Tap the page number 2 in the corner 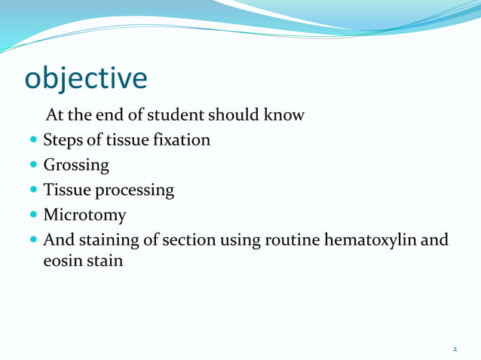455,349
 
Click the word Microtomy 84,216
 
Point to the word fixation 179,140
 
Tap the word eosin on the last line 62,265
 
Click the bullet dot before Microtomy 32,217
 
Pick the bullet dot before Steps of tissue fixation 32,141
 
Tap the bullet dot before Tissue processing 32,191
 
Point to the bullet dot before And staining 32,242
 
